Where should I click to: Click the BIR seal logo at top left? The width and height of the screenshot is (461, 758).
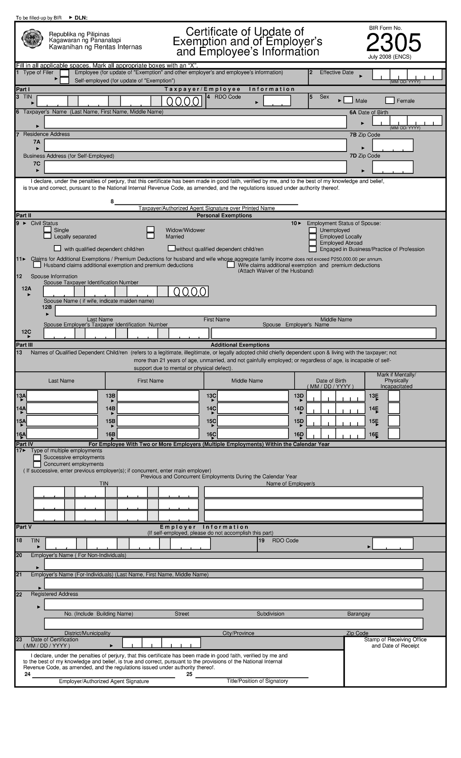point(33,39)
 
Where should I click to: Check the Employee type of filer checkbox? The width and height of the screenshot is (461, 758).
point(65,73)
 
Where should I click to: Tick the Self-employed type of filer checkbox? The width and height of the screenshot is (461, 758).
point(65,81)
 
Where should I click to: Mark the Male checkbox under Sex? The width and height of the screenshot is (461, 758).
point(348,101)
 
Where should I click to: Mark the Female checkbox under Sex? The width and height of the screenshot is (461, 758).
point(390,101)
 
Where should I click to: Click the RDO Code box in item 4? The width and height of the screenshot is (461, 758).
point(277,101)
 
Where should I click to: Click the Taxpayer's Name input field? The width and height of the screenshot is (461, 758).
point(195,122)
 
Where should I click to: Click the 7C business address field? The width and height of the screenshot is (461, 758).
point(195,167)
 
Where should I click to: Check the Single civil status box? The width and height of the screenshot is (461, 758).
point(48,230)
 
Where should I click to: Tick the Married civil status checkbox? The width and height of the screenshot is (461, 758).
point(151,236)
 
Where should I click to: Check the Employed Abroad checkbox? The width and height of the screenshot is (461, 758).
point(313,243)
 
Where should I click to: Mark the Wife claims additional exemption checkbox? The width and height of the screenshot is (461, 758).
point(230,265)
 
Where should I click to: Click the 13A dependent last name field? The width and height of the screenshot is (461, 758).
point(62,396)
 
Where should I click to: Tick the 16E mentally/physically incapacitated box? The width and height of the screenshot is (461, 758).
point(394,434)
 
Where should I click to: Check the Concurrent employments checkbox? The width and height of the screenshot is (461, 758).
point(37,465)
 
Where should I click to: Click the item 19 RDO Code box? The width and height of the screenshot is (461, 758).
point(392,544)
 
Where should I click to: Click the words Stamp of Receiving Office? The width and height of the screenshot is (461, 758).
point(395,639)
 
